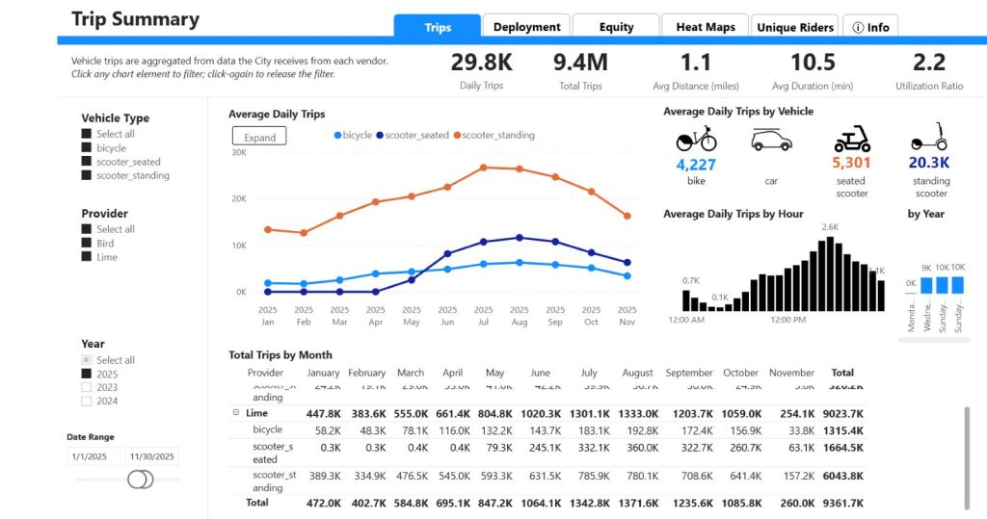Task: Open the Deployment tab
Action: pos(527,27)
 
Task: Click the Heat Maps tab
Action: pos(705,27)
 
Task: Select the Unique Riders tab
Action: pos(795,27)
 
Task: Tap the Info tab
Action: pos(870,27)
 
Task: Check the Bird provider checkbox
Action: pos(87,244)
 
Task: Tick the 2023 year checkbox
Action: pos(87,387)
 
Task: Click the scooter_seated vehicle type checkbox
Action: pos(87,162)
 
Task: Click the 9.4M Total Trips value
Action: pos(579,63)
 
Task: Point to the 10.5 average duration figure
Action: pos(813,63)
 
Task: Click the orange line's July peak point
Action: pos(483,167)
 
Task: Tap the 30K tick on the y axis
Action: pos(239,152)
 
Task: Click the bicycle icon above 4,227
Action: pos(695,140)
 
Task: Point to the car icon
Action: pos(771,141)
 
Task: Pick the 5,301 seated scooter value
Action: pos(851,163)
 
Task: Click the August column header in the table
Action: pos(637,373)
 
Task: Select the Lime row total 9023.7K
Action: pos(842,413)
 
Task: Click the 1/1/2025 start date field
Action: pos(93,456)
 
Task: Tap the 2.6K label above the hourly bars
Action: pos(830,227)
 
